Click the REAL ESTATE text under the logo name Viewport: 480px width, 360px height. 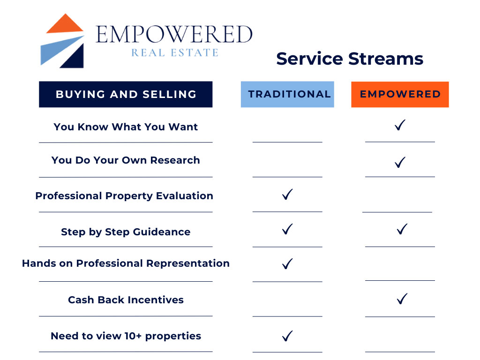click(174, 52)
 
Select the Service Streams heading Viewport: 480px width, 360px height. click(349, 59)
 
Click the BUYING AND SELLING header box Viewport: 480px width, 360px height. click(126, 94)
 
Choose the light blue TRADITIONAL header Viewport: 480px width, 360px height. click(287, 94)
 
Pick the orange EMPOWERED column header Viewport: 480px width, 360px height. click(400, 94)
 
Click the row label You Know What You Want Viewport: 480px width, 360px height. click(126, 127)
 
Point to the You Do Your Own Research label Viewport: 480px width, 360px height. click(126, 160)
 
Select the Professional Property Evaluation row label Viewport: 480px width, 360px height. click(124, 196)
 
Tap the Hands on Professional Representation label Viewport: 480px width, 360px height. click(126, 263)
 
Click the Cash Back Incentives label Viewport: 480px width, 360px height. click(126, 300)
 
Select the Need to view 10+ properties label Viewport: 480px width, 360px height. click(126, 336)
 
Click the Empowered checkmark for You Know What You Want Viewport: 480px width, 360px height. click(400, 125)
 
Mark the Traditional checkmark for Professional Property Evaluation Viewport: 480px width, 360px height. click(287, 195)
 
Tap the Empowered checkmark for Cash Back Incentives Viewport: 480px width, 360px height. click(401, 299)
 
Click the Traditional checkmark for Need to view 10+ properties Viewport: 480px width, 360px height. click(287, 336)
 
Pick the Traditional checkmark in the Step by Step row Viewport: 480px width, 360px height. click(287, 229)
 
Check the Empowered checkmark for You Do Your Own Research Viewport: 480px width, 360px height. click(400, 163)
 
